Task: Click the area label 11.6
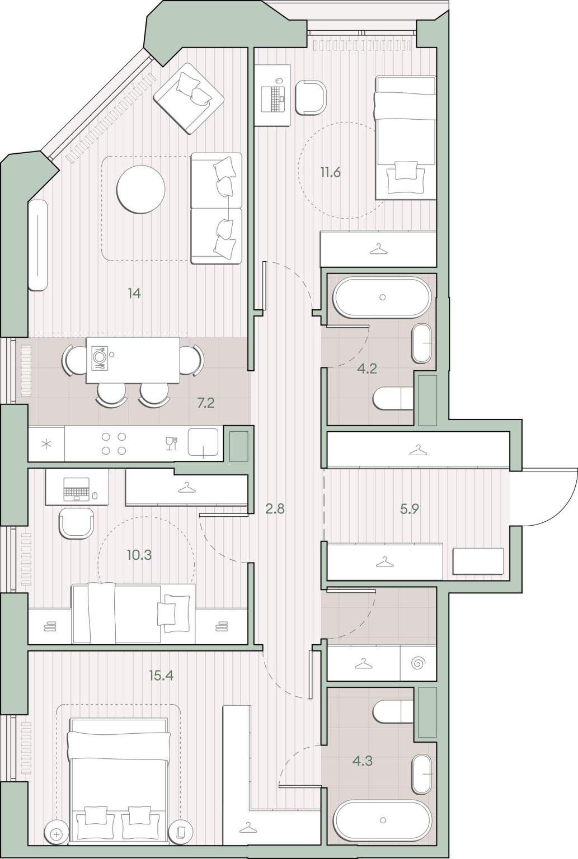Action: coord(331,173)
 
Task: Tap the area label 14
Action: coord(134,294)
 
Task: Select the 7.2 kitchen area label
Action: coord(206,403)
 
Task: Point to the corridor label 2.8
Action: coord(275,509)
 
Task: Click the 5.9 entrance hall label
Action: coord(410,509)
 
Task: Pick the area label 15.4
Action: coord(161,675)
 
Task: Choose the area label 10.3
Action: coord(139,555)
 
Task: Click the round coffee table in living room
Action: coord(141,189)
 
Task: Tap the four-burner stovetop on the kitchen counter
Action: coord(114,443)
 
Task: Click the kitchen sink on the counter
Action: coord(203,442)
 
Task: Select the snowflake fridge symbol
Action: coord(46,445)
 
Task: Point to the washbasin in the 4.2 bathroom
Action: coord(422,343)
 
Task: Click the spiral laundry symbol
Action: coord(417,663)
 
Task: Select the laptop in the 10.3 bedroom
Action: coord(77,489)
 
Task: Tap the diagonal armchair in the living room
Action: coord(189,98)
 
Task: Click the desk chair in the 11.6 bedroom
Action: coord(311,97)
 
